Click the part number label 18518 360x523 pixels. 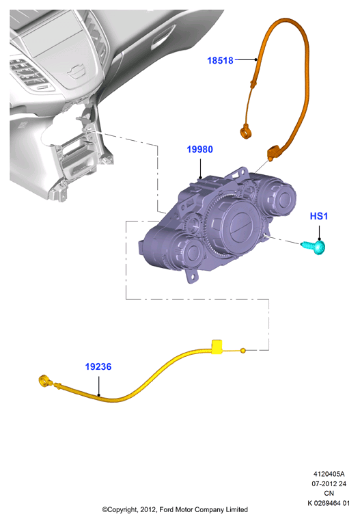pyautogui.click(x=220, y=60)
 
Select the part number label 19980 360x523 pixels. pyautogui.click(x=199, y=150)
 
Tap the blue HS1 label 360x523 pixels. pyautogui.click(x=318, y=216)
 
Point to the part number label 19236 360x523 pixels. pyautogui.click(x=98, y=366)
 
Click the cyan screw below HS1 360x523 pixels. pyautogui.click(x=314, y=247)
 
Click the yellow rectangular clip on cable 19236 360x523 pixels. pyautogui.click(x=217, y=346)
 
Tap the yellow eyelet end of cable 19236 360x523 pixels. pyautogui.click(x=44, y=381)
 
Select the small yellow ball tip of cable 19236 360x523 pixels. pyautogui.click(x=243, y=351)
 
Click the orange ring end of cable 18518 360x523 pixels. pyautogui.click(x=245, y=131)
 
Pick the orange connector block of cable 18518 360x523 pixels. pyautogui.click(x=274, y=152)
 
